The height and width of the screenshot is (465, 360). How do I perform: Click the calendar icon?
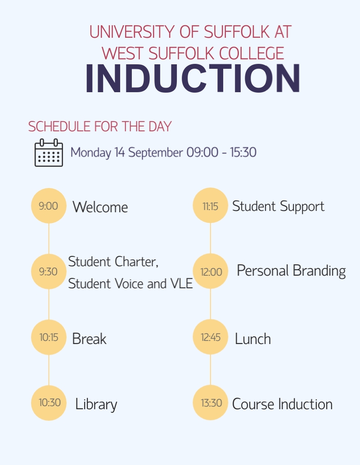49,153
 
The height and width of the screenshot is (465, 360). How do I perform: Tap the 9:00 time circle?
49,206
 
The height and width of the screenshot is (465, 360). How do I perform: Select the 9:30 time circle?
49,271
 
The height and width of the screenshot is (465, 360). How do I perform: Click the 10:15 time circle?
49,337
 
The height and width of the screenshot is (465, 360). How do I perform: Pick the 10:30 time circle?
49,402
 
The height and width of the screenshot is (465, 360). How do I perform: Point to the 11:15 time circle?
210,206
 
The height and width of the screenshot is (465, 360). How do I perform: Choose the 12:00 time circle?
210,271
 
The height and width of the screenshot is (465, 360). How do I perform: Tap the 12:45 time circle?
210,337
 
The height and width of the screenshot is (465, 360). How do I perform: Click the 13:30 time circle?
210,402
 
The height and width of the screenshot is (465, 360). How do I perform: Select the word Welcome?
100,207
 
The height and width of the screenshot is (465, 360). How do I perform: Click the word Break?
89,339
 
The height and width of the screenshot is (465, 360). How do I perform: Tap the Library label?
96,404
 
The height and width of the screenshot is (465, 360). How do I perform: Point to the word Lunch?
253,339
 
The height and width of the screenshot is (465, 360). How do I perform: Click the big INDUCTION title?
193,79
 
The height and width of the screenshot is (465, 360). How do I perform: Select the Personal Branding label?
291,271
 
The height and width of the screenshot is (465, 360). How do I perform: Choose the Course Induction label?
282,404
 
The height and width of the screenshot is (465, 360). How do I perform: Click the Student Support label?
278,206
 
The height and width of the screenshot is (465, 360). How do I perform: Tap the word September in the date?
155,152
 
